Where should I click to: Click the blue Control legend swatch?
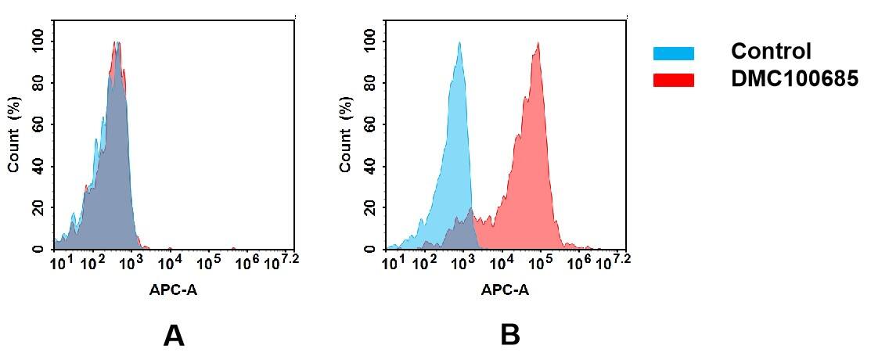click(x=673, y=53)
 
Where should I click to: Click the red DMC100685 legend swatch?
click(x=673, y=80)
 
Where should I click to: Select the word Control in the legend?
click(x=770, y=52)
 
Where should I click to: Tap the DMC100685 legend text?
click(x=794, y=79)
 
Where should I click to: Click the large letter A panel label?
click(x=173, y=336)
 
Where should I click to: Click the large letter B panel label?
click(x=509, y=336)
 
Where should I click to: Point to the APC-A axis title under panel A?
click(x=173, y=290)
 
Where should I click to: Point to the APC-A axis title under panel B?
click(x=505, y=290)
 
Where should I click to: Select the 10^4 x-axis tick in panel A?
click(x=170, y=261)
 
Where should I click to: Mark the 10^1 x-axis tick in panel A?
click(x=59, y=261)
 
